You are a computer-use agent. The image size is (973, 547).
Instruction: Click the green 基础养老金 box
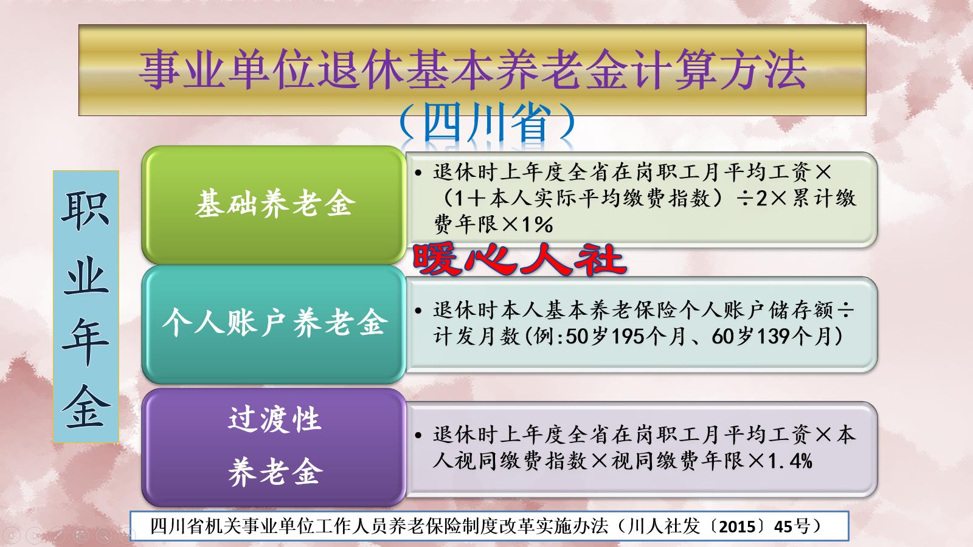[x=274, y=203]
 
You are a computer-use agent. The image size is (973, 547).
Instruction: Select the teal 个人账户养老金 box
[x=274, y=322]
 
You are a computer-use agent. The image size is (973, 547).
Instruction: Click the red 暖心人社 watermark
[x=519, y=260]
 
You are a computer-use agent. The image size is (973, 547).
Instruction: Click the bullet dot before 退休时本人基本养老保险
[x=418, y=311]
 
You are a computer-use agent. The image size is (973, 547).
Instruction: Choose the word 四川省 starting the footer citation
[x=172, y=526]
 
